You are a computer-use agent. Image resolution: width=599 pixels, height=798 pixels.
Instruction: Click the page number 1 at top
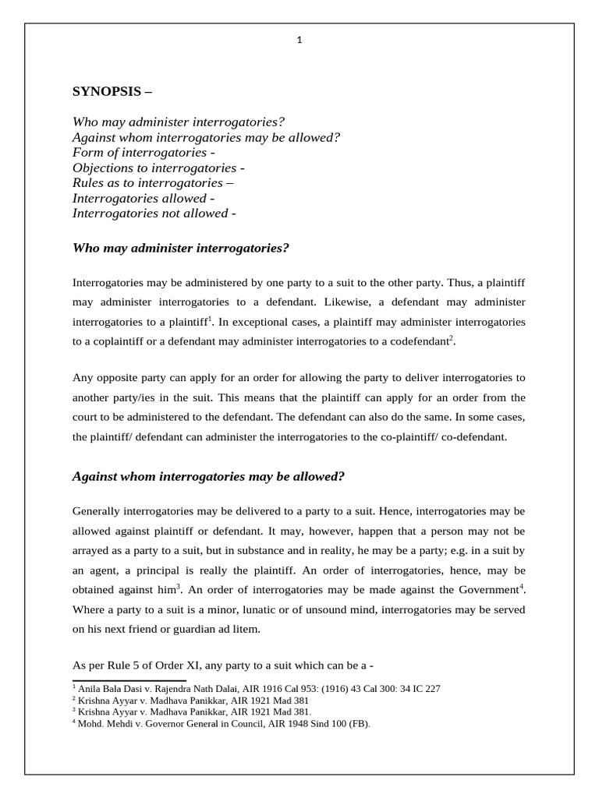click(299, 41)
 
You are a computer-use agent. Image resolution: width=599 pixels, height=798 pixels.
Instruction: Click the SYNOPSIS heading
click(112, 91)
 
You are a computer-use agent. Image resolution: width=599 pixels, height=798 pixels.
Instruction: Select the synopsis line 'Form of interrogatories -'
click(144, 153)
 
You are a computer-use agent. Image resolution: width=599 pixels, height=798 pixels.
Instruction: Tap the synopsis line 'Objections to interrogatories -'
click(158, 168)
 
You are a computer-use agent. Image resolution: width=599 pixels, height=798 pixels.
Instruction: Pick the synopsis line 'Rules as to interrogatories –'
click(153, 183)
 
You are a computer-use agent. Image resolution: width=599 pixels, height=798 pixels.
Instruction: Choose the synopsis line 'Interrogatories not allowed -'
click(154, 213)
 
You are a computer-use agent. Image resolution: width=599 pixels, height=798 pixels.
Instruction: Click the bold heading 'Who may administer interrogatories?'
click(180, 248)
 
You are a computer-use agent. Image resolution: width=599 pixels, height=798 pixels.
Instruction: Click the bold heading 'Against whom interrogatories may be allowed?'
click(208, 475)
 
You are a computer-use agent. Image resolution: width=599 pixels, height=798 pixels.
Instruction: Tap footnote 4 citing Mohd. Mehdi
click(222, 724)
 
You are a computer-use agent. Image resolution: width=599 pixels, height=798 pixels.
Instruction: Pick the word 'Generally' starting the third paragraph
click(97, 511)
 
